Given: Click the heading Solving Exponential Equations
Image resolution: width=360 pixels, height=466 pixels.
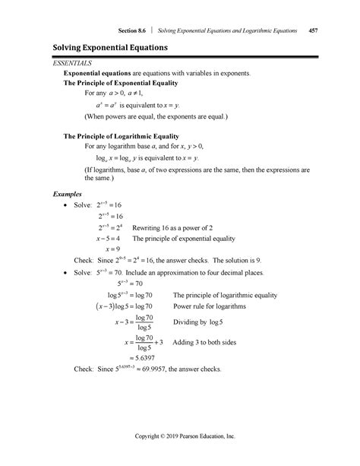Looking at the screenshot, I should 111,49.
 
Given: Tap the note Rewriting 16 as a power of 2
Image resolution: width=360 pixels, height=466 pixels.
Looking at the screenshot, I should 176,227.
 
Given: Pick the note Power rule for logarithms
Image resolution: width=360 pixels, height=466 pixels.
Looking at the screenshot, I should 210,306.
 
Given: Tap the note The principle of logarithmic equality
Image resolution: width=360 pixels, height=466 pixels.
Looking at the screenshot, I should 225,295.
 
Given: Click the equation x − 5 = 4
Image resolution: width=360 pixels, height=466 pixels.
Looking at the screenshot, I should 115,237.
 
